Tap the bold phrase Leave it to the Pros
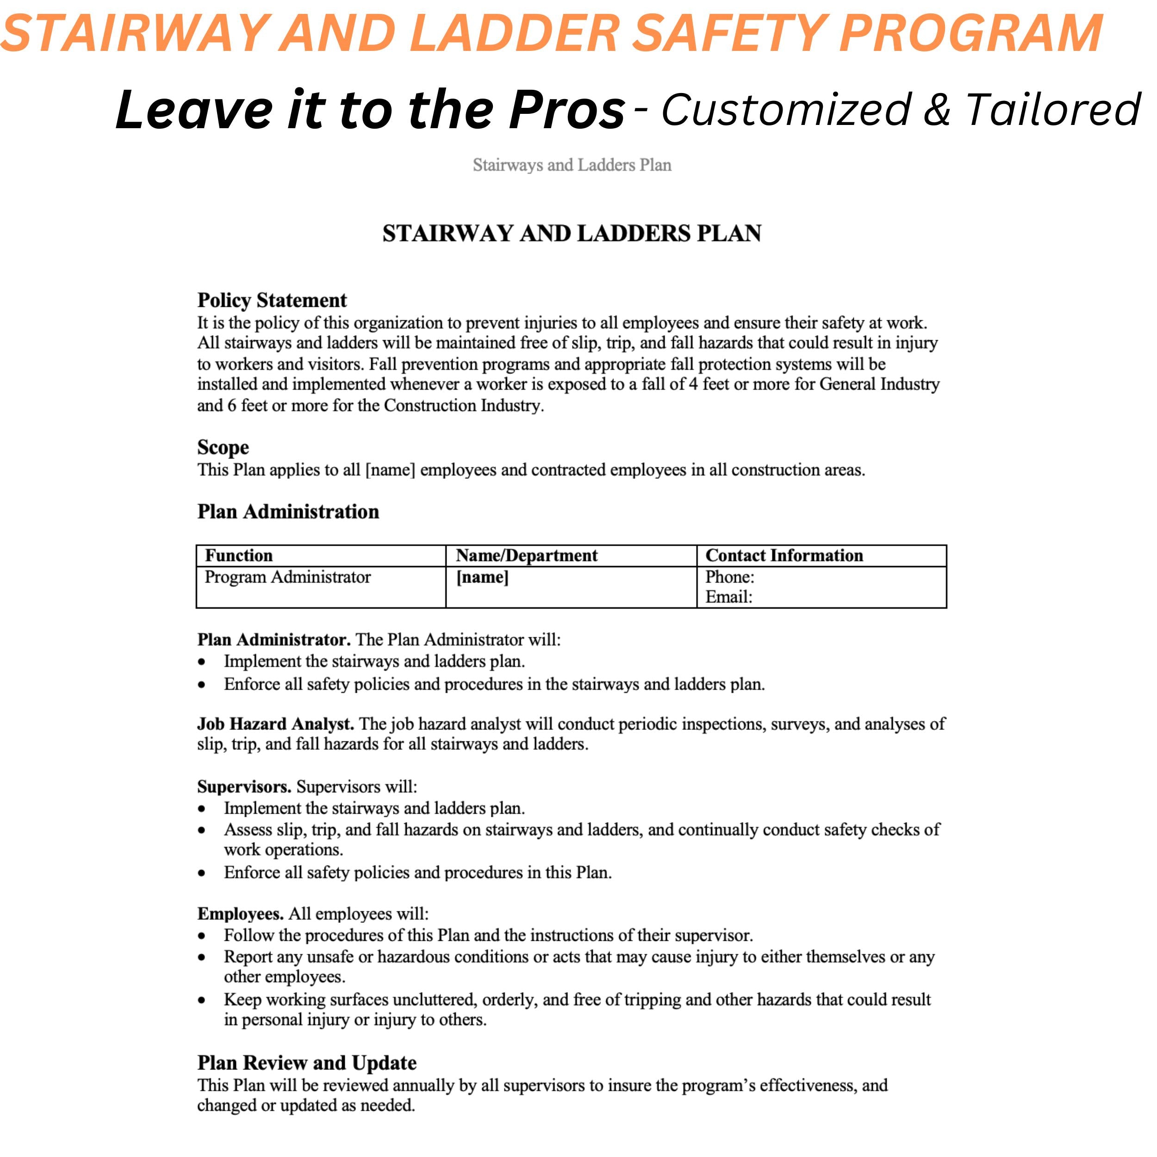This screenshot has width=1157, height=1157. (369, 110)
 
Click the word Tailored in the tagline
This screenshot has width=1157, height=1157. (1053, 110)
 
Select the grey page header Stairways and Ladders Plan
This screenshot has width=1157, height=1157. (572, 165)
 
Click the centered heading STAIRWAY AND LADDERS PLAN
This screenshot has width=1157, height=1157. (572, 234)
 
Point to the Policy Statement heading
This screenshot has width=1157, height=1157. (272, 300)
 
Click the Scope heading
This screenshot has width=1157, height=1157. (223, 448)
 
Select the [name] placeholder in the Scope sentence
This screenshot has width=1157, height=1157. (390, 470)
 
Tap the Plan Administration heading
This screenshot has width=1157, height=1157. (288, 511)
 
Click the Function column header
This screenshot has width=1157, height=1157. (238, 556)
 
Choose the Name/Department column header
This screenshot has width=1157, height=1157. (526, 556)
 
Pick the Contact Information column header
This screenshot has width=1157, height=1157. (784, 556)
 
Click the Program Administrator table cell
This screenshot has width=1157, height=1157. (287, 577)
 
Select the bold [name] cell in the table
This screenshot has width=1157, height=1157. (482, 577)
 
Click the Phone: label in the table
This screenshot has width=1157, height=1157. (729, 577)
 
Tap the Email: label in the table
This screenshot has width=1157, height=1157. (728, 597)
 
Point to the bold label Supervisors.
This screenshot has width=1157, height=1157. (244, 787)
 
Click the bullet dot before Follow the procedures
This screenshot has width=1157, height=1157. (202, 936)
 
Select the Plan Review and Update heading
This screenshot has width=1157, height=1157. (307, 1063)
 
